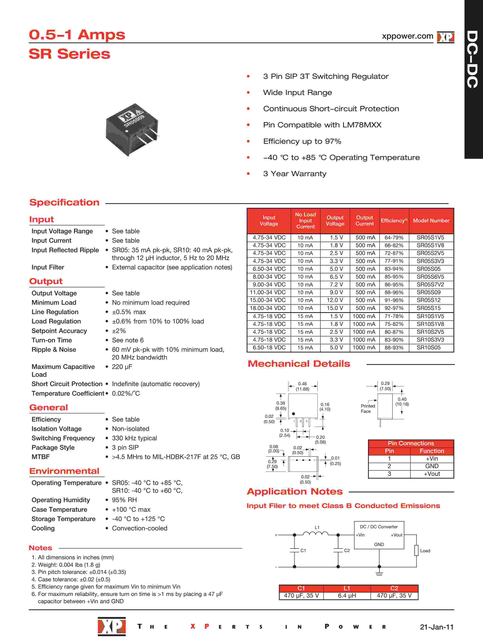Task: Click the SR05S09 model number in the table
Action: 428,292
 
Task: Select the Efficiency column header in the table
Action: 394,221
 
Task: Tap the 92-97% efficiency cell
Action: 394,308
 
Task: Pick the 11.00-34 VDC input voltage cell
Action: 269,292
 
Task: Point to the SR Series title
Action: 70,54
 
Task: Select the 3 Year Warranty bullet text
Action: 295,174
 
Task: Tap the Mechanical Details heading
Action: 299,364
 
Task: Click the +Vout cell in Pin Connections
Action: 432,474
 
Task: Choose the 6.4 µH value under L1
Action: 347,596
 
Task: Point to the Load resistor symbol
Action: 416,550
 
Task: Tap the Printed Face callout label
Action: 368,408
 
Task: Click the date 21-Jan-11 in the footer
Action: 436,627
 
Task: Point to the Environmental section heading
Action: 64,471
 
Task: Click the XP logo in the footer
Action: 112,626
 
